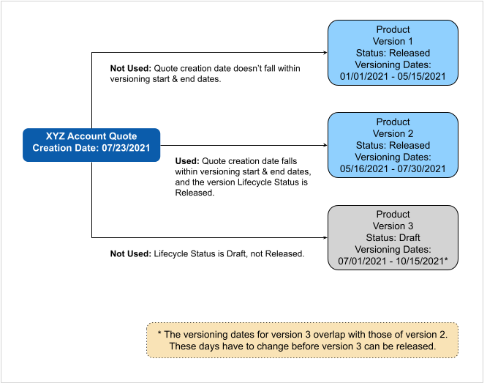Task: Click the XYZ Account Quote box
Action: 91,145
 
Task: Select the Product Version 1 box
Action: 393,53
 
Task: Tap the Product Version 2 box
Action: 393,145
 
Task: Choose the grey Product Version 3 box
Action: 393,237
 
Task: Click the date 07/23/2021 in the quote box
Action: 126,148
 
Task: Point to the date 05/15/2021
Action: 421,76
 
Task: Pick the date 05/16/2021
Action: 364,169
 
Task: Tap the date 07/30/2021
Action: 421,169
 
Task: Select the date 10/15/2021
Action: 420,261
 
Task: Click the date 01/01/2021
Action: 364,76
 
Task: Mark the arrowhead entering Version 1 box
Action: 325,53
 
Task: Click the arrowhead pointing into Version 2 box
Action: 325,145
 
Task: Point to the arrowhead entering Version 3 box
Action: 325,237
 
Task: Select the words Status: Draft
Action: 393,237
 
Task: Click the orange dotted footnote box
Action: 303,341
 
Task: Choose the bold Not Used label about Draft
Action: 131,254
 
